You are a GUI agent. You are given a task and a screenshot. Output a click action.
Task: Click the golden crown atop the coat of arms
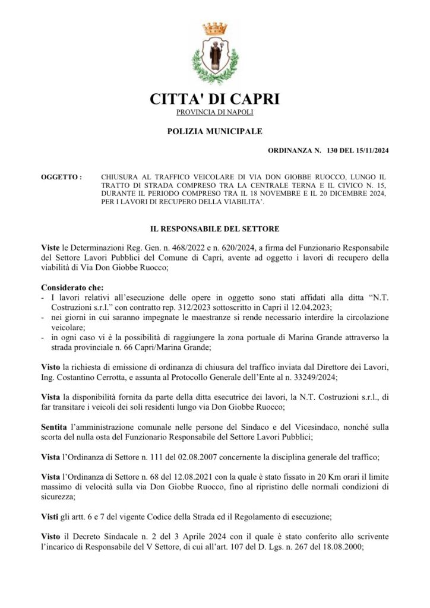click(x=215, y=28)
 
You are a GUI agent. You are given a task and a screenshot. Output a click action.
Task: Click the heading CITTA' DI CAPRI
click(x=214, y=99)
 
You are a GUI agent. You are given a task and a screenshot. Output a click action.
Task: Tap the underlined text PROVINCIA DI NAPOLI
click(x=215, y=113)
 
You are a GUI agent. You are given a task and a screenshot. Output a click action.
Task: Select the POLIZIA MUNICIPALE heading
click(x=214, y=131)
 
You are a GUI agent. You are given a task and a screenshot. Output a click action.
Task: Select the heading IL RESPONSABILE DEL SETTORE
click(x=214, y=229)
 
